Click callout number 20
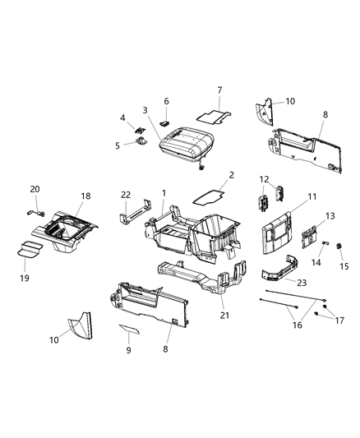[35, 188]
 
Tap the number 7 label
[219, 90]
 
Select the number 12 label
[264, 179]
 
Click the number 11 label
[312, 197]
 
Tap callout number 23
[303, 282]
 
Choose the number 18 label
[85, 197]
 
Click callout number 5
[118, 145]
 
